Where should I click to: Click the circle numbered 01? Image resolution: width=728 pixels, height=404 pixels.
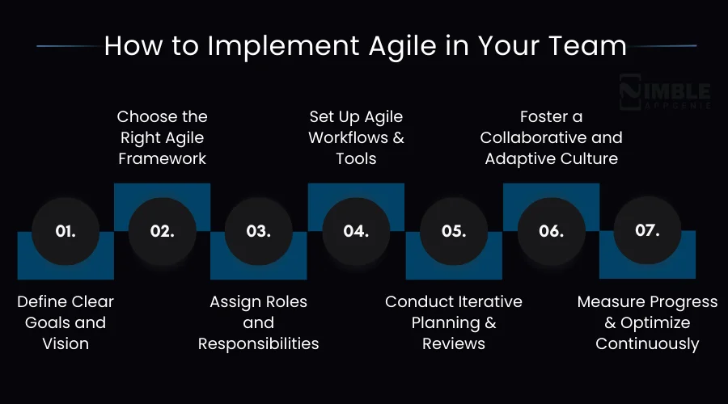(x=66, y=231)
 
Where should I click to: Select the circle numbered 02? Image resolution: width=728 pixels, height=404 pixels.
(x=163, y=231)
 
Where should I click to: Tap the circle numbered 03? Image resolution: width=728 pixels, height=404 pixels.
(x=258, y=231)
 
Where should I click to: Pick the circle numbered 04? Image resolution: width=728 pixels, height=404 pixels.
(x=356, y=231)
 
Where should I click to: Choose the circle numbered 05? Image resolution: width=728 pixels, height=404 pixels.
(x=454, y=231)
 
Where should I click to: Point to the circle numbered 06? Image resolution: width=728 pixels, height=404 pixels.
(x=551, y=231)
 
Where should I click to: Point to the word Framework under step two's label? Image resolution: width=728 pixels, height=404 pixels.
(x=163, y=158)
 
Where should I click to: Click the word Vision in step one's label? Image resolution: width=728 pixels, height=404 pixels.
(x=66, y=343)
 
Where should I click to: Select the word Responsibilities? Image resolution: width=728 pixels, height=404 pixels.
(x=259, y=343)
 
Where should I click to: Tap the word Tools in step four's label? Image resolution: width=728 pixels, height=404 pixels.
(x=356, y=158)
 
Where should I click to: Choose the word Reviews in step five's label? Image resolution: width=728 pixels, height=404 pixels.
(x=454, y=343)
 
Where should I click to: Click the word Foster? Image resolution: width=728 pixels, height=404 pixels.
(x=551, y=117)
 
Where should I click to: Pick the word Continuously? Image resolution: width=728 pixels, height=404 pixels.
(x=647, y=343)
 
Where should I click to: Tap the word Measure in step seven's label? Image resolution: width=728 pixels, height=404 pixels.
(x=612, y=302)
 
